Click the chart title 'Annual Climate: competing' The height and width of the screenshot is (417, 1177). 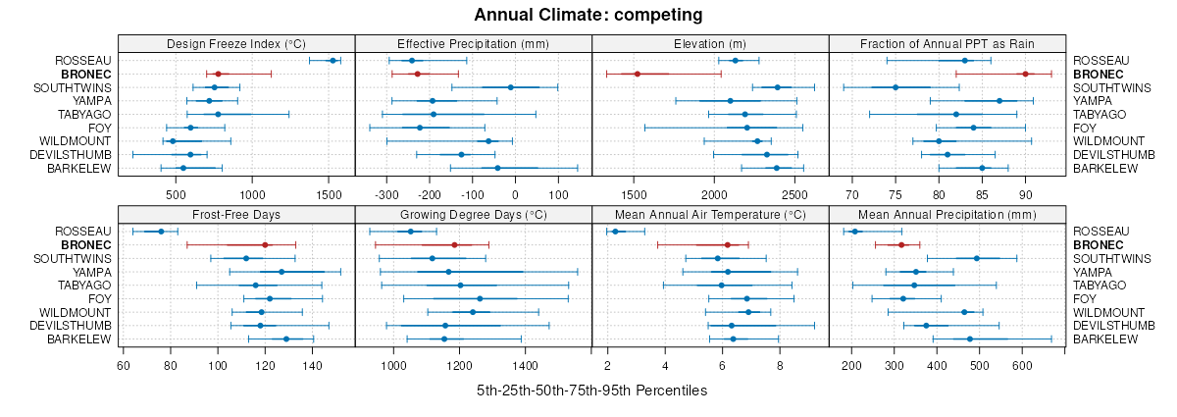point(588,15)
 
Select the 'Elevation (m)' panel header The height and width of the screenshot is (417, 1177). point(710,43)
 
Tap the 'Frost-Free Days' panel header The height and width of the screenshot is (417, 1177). point(236,214)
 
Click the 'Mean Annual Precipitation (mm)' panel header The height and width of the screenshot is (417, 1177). point(947,214)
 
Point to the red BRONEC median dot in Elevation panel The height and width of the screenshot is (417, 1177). point(637,74)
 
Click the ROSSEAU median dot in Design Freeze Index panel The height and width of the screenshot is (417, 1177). point(333,61)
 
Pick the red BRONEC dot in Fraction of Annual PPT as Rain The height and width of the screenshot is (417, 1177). point(1025,74)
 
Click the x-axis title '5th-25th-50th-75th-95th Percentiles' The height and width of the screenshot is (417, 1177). point(591,391)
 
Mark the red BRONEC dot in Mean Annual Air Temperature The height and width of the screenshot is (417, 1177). point(727,245)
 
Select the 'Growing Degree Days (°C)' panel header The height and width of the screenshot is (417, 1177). point(473,214)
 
